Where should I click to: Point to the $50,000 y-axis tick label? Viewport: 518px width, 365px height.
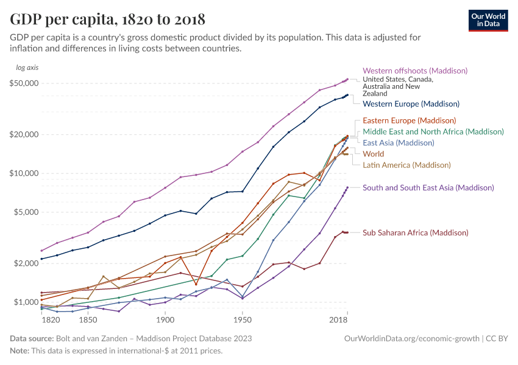pyautogui.click(x=25, y=83)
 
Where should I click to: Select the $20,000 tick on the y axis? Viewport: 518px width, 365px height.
pyautogui.click(x=25, y=134)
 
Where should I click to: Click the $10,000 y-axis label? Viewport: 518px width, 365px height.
pyautogui.click(x=25, y=173)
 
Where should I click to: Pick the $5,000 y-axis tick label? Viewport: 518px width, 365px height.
pyautogui.click(x=27, y=212)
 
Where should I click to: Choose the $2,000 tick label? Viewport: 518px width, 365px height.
pyautogui.click(x=27, y=263)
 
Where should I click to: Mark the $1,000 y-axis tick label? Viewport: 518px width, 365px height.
pyautogui.click(x=27, y=302)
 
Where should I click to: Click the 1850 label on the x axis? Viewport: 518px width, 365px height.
pyautogui.click(x=88, y=319)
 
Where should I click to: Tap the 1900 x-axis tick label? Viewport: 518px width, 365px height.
pyautogui.click(x=165, y=319)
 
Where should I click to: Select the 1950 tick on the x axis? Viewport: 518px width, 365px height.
pyautogui.click(x=242, y=319)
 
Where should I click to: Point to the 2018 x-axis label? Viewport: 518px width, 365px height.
pyautogui.click(x=339, y=319)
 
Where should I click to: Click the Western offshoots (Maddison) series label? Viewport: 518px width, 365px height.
pyautogui.click(x=415, y=71)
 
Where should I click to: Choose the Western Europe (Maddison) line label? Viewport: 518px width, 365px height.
pyautogui.click(x=411, y=104)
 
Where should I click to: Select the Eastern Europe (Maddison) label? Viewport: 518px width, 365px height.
pyautogui.click(x=409, y=120)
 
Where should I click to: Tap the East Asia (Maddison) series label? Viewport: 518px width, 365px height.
pyautogui.click(x=398, y=143)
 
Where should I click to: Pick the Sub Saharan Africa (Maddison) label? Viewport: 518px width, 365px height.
pyautogui.click(x=415, y=233)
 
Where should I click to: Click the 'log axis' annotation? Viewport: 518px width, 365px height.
pyautogui.click(x=27, y=68)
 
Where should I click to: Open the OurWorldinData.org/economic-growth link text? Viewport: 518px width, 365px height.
pyautogui.click(x=412, y=338)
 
